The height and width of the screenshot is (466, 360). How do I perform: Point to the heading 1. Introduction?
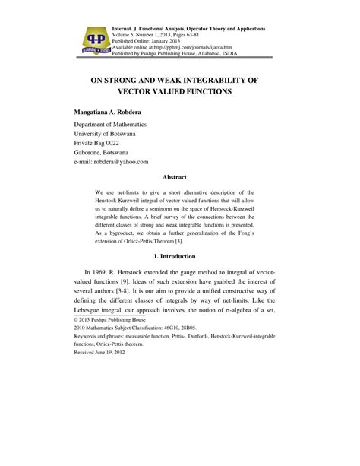pyautogui.click(x=179, y=256)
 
